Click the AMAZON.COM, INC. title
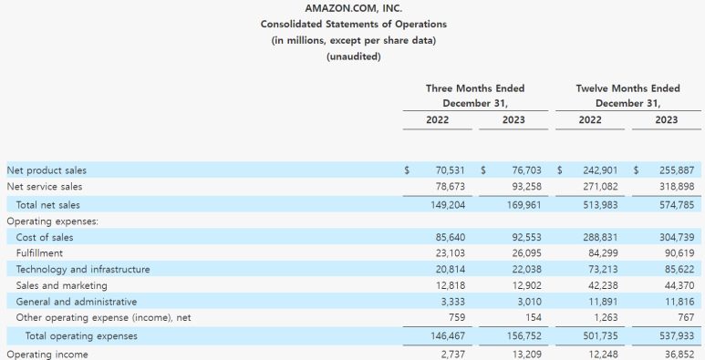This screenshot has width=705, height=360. [353, 8]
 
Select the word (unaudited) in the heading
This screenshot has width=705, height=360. [353, 57]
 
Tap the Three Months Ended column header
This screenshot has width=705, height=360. [475, 88]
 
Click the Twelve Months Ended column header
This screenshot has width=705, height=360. [628, 88]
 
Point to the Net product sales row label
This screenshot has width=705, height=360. [47, 170]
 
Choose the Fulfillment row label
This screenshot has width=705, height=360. [39, 253]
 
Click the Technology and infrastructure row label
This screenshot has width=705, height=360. [83, 269]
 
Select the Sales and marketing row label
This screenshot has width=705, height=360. [62, 285]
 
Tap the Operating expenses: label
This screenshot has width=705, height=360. [53, 221]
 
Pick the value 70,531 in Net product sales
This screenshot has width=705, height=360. [450, 170]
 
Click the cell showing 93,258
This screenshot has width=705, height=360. [526, 187]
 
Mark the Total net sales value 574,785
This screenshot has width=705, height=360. [677, 205]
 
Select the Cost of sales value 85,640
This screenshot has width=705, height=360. [450, 237]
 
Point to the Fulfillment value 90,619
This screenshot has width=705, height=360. [679, 253]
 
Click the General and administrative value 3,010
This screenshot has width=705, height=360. [529, 302]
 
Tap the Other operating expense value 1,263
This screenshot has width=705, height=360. [604, 318]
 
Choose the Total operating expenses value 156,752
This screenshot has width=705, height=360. [524, 336]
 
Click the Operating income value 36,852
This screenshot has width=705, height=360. [679, 355]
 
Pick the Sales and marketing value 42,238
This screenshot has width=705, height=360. [603, 285]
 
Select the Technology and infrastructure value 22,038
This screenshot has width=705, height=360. [526, 269]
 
